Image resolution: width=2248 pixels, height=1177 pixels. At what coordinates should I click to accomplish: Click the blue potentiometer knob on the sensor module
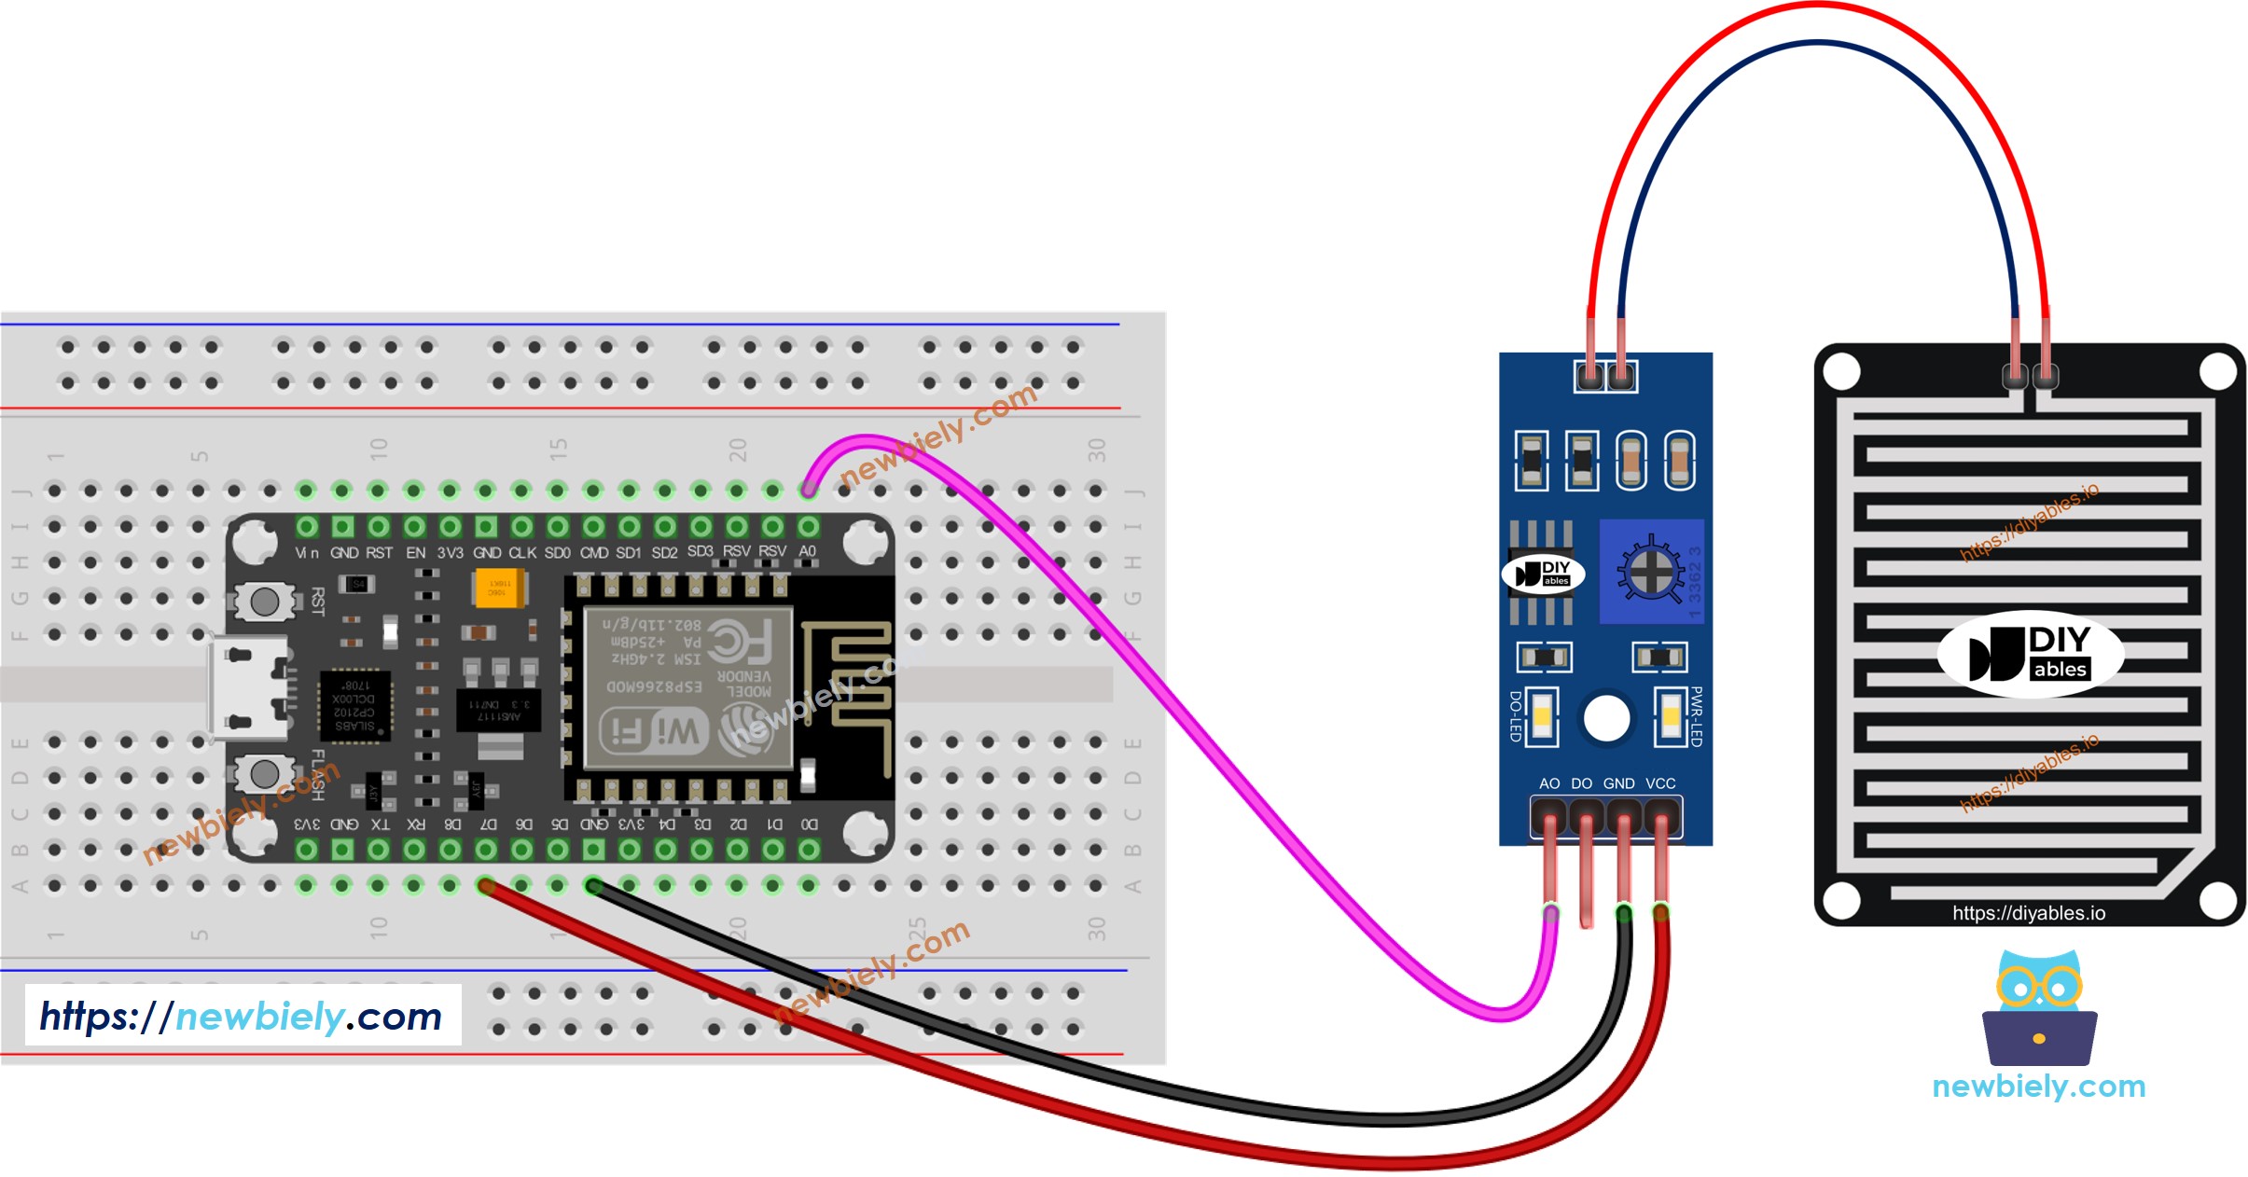tap(1650, 572)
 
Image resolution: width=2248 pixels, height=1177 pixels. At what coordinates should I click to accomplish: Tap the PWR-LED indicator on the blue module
tap(1670, 716)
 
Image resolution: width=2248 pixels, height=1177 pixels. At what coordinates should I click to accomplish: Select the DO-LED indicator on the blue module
tap(1542, 716)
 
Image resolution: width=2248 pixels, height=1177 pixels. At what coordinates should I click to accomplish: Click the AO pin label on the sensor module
tap(1549, 783)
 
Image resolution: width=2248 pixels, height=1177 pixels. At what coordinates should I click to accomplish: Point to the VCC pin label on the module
tap(1660, 783)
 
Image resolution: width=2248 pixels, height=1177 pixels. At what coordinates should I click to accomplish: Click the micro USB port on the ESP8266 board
tap(246, 688)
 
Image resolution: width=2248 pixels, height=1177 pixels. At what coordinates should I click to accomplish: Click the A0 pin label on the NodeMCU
tap(808, 551)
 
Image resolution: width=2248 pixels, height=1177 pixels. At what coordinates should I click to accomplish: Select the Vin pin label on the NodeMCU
tap(307, 553)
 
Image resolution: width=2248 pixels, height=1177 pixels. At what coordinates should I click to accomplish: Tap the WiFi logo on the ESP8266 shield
tap(654, 730)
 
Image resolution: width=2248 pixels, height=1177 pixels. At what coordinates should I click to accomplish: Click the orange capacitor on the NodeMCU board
tap(499, 588)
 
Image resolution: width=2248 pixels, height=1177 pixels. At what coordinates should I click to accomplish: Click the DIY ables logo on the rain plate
tap(2031, 654)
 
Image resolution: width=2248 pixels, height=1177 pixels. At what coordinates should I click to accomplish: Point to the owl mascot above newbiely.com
tap(2039, 1008)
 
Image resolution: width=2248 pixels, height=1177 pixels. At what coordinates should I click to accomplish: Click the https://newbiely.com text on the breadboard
tap(242, 1016)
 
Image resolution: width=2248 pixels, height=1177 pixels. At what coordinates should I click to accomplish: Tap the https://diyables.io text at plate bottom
tap(2029, 913)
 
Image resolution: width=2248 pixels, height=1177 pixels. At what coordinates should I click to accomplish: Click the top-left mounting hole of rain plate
tap(1841, 372)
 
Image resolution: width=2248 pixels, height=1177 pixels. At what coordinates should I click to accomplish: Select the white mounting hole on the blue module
tap(1606, 718)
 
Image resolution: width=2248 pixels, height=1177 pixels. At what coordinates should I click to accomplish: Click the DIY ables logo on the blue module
tap(1543, 574)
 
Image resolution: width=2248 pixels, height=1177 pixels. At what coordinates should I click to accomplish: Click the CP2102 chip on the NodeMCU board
tap(354, 706)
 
